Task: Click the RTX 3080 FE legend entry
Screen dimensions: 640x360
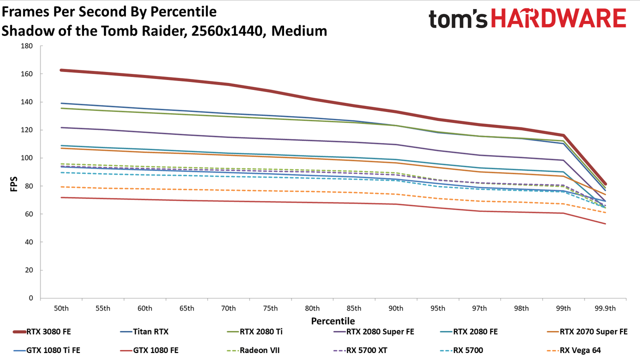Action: (x=42, y=331)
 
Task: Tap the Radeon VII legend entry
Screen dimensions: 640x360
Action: (x=253, y=350)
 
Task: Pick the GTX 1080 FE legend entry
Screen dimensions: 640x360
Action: (x=149, y=350)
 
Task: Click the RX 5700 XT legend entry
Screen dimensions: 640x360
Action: (x=360, y=350)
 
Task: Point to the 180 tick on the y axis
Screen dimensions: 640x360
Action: (x=27, y=46)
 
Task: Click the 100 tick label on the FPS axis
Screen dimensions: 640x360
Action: (x=27, y=158)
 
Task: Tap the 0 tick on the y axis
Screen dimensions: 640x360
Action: (x=31, y=298)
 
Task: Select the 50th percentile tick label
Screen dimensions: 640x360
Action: (x=61, y=308)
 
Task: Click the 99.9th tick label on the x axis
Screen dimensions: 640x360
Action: (x=605, y=308)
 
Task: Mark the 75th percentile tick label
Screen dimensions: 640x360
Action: (x=270, y=308)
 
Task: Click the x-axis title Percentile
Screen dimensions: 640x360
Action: (x=333, y=321)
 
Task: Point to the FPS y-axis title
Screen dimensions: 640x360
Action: (x=13, y=184)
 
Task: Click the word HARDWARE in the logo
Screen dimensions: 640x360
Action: (x=558, y=18)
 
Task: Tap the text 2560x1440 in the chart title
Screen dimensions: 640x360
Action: (x=227, y=31)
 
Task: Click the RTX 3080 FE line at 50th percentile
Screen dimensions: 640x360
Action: (x=61, y=70)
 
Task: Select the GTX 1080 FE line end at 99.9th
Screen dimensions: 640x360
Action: (x=605, y=223)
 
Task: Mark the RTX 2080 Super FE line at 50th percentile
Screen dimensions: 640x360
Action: (x=61, y=127)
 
